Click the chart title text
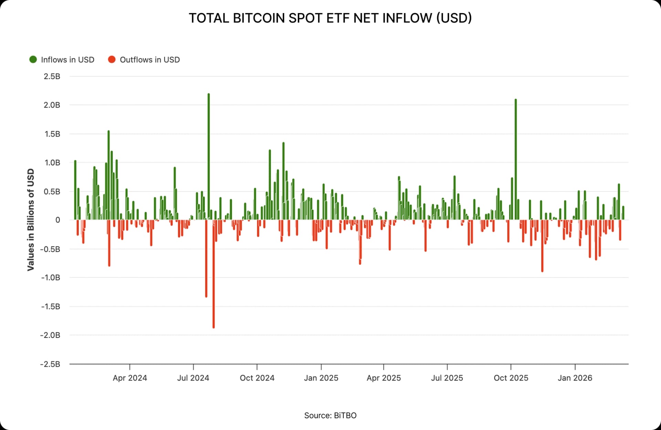click(x=330, y=18)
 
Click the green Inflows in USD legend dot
click(x=33, y=60)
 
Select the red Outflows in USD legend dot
click(x=112, y=60)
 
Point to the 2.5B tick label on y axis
click(x=52, y=76)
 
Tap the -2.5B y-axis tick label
click(x=50, y=364)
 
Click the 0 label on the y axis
click(x=57, y=220)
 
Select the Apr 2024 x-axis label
click(x=130, y=378)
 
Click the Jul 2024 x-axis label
click(x=193, y=378)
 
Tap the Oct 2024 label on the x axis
click(x=257, y=378)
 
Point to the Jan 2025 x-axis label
click(x=321, y=378)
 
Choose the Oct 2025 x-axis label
click(x=511, y=378)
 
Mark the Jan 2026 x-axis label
click(x=575, y=378)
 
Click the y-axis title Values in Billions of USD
click(x=31, y=220)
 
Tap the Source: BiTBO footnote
click(x=330, y=416)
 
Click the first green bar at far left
click(x=75, y=190)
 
